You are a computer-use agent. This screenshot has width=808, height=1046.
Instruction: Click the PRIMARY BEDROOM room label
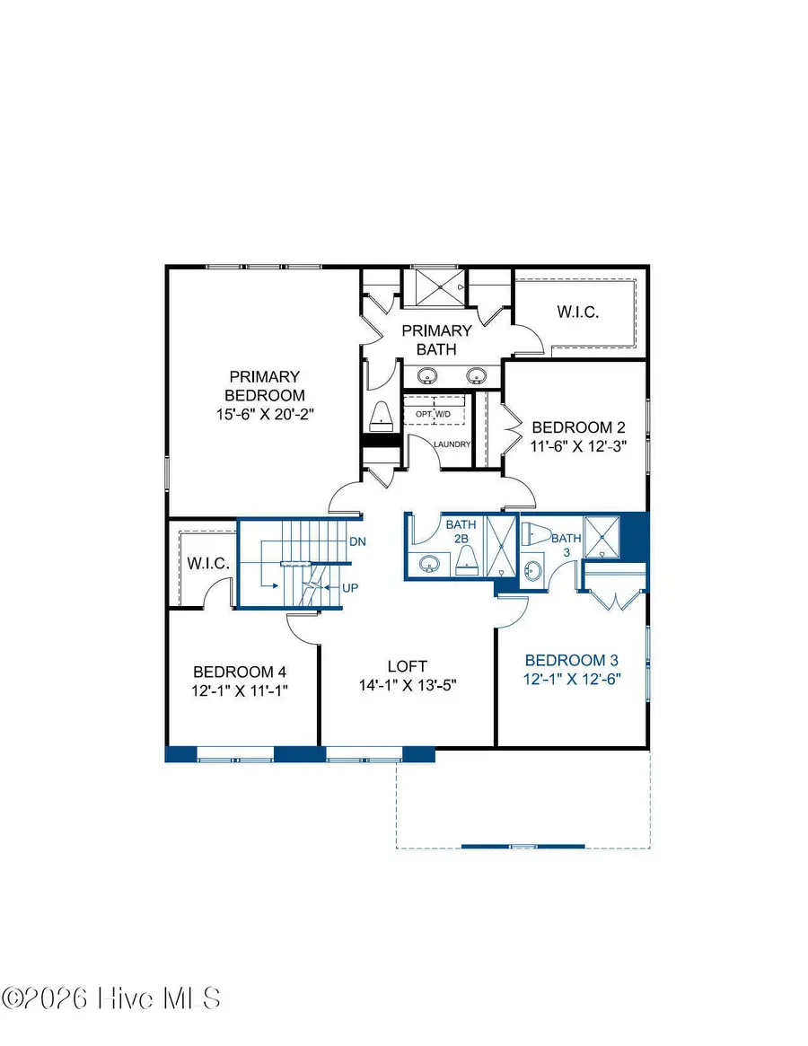(x=264, y=386)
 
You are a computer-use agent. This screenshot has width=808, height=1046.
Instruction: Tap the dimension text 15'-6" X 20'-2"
(x=264, y=414)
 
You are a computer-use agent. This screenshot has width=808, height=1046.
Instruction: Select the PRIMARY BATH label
(x=436, y=339)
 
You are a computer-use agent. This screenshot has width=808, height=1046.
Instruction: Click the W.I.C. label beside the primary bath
(x=576, y=312)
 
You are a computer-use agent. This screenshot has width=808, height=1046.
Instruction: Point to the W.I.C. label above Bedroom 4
(x=209, y=564)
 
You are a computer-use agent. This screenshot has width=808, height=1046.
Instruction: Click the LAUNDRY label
(x=452, y=444)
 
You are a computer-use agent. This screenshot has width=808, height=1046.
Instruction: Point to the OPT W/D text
(x=434, y=414)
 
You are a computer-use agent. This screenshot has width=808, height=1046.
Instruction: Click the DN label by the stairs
(x=356, y=542)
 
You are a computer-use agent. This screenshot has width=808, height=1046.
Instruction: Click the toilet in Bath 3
(x=538, y=533)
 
